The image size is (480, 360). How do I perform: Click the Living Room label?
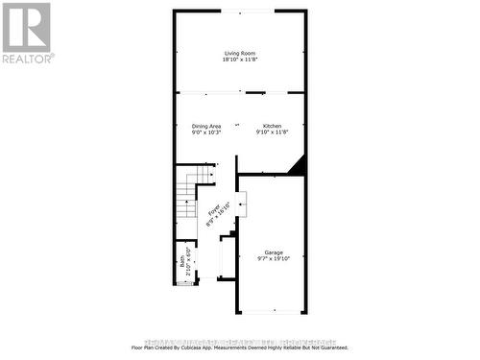[240, 53]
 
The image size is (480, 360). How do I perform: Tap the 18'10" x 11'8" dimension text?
[240, 60]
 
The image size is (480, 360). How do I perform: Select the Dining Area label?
[206, 126]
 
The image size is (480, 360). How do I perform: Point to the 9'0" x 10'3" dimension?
[206, 133]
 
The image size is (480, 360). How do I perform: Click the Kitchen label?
[272, 126]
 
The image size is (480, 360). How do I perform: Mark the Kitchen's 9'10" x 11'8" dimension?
[272, 133]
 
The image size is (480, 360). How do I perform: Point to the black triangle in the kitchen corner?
[297, 165]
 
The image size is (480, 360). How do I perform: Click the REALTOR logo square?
[26, 27]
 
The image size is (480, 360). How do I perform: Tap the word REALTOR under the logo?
[28, 59]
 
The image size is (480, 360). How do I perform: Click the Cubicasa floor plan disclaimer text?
[239, 347]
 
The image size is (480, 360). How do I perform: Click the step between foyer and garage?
[241, 204]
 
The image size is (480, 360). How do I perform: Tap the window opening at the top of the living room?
[240, 12]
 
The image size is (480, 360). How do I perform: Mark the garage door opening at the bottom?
[272, 313]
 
